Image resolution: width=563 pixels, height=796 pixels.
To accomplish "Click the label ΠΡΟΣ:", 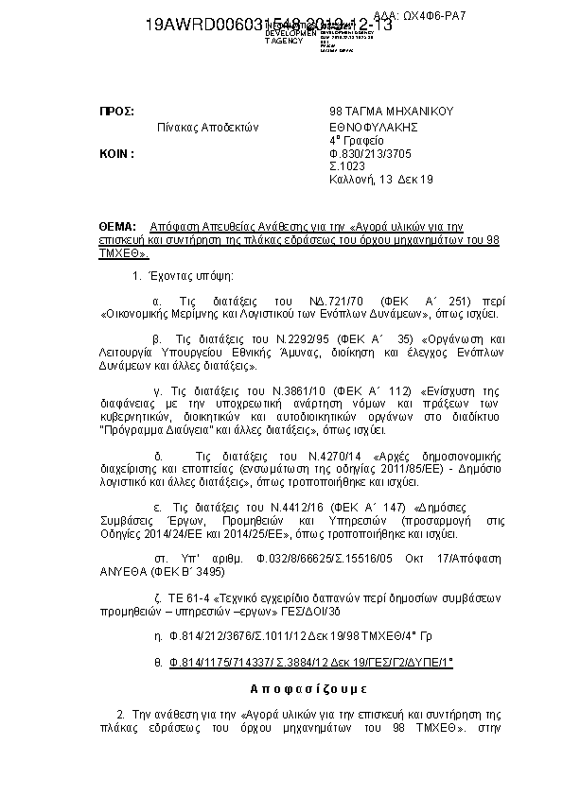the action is (116, 111).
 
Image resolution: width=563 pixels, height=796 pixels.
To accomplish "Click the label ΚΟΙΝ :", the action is (117, 152).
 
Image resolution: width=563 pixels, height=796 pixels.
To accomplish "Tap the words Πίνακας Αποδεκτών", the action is (207, 126).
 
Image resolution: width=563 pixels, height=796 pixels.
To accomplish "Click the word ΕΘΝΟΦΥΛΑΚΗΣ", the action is (373, 126).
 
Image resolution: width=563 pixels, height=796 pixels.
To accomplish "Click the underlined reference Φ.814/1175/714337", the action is (222, 664).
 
